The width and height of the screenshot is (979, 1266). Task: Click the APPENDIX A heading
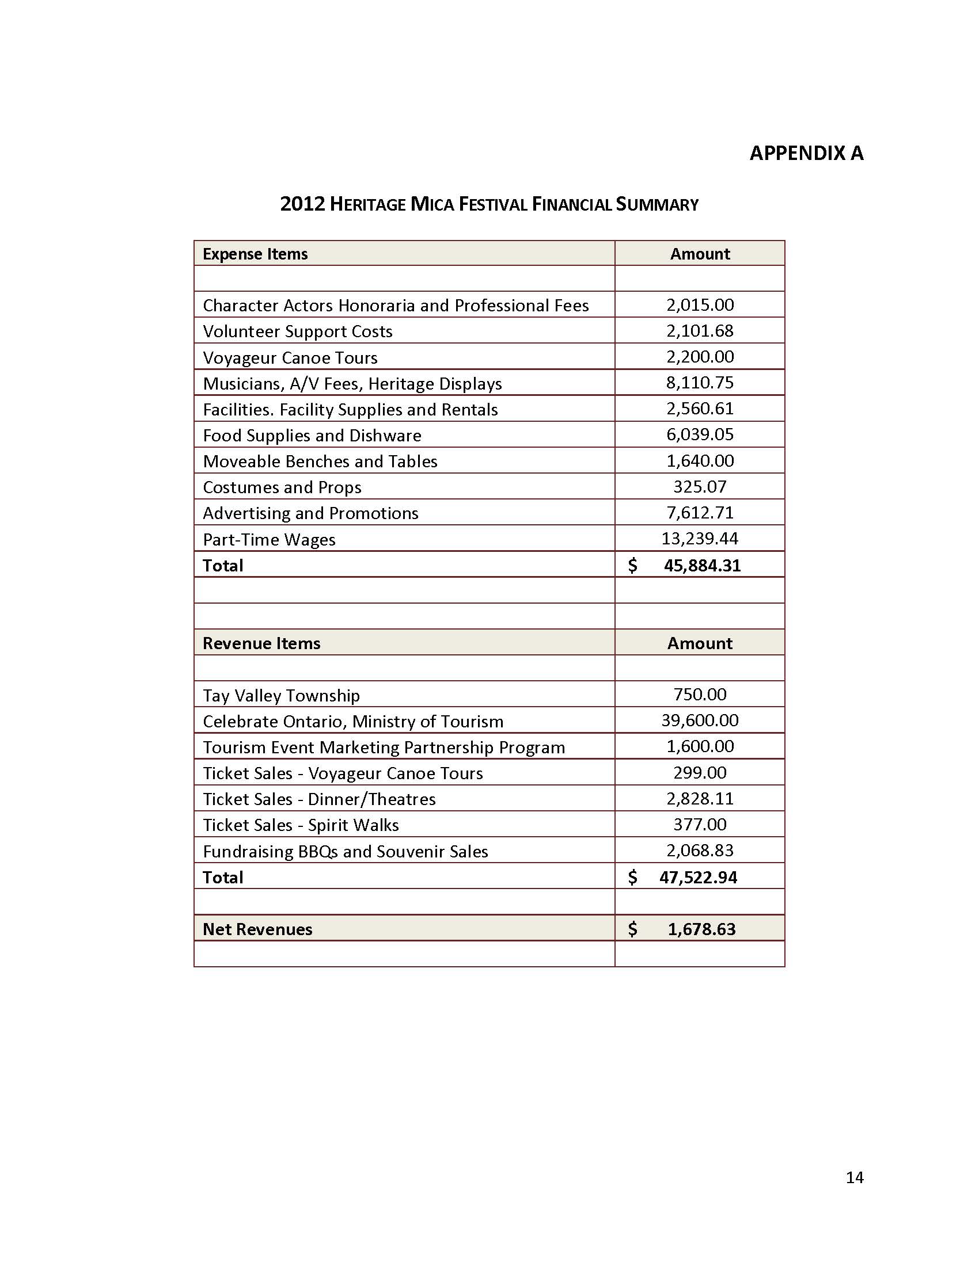tap(806, 153)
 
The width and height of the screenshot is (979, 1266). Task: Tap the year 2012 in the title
tap(302, 204)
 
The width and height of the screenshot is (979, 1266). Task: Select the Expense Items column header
tap(255, 254)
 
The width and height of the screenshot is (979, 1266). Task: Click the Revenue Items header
tap(261, 643)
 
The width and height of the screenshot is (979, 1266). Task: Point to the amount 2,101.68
tap(700, 330)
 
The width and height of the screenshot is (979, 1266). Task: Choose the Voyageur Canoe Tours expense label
tap(290, 358)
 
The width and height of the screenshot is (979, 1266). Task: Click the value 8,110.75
tap(700, 383)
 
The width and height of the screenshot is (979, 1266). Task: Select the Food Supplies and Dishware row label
tap(312, 436)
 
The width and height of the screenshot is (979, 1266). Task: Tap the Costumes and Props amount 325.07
tap(700, 486)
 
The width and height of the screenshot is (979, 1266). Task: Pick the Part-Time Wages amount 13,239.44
tap(700, 539)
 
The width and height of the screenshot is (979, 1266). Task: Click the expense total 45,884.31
tap(702, 565)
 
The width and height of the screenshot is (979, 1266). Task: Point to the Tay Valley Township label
tap(281, 695)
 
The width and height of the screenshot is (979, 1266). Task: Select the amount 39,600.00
tap(700, 720)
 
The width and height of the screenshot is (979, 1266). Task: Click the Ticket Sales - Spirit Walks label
tap(301, 825)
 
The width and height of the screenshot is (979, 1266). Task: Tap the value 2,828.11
tap(700, 799)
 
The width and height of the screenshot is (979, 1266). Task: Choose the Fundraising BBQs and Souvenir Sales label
tap(345, 851)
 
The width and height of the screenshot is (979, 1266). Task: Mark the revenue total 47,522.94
tap(698, 877)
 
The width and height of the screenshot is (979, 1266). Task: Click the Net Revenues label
tap(257, 929)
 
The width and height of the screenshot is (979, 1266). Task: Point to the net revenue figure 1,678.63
tap(701, 929)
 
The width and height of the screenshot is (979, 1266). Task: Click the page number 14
tap(854, 1177)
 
